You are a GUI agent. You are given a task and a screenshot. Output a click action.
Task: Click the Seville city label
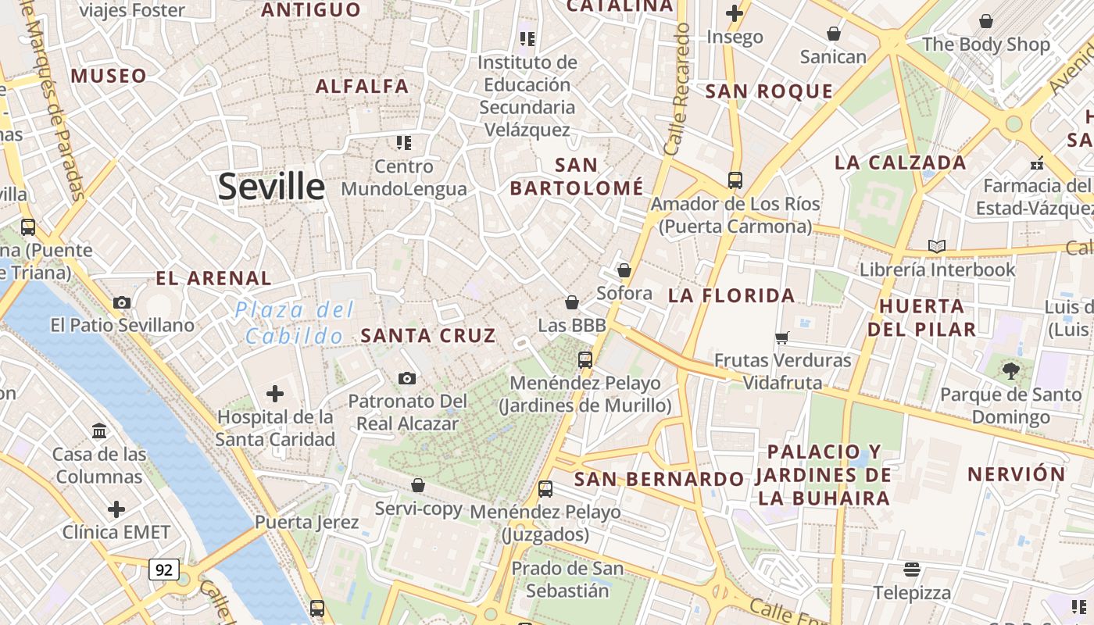click(x=271, y=187)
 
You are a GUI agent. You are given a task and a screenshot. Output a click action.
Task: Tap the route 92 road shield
click(x=163, y=570)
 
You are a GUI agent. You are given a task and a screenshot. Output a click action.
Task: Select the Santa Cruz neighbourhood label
click(x=428, y=336)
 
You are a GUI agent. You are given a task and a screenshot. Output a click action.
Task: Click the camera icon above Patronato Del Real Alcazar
click(x=406, y=378)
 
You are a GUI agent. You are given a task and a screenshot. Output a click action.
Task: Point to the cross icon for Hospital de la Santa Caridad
click(x=275, y=394)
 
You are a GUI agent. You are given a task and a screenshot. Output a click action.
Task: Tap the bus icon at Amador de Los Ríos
click(x=735, y=180)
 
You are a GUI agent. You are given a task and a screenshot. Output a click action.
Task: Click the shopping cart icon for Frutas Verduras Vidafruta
click(x=781, y=337)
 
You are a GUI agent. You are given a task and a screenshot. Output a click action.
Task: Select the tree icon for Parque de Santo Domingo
click(x=1011, y=371)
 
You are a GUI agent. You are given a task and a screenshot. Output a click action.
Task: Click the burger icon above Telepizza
click(x=911, y=569)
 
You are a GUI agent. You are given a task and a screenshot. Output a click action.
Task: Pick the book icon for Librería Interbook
click(x=936, y=247)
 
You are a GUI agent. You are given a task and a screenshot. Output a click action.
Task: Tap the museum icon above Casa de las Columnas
click(x=99, y=430)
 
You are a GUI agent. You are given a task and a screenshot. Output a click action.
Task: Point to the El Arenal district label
click(x=213, y=278)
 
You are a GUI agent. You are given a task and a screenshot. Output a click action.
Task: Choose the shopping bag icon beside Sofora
click(x=624, y=270)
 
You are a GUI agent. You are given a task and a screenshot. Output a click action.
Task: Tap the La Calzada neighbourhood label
click(x=900, y=162)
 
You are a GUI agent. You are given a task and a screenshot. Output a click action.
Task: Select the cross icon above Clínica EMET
click(x=116, y=510)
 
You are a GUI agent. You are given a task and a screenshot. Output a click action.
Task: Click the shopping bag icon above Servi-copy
click(x=418, y=485)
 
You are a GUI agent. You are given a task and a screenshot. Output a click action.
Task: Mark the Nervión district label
click(x=1016, y=474)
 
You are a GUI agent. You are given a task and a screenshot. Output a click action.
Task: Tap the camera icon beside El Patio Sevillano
click(x=122, y=302)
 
